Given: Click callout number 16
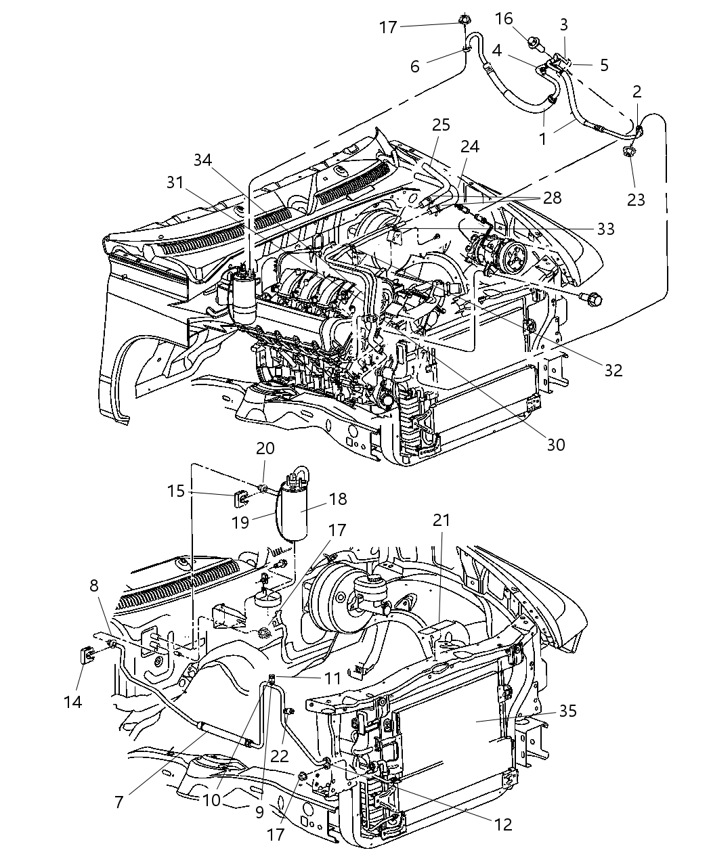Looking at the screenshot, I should [x=503, y=18].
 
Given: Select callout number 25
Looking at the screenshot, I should [x=441, y=126].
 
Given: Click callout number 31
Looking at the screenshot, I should [x=175, y=183].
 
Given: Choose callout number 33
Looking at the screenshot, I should [x=605, y=229].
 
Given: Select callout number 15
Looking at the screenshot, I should [x=176, y=491].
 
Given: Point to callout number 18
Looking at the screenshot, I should [x=337, y=500].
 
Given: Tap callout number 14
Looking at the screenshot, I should [x=72, y=702].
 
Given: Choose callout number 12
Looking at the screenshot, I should [x=503, y=824].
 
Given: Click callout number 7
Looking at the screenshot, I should [x=119, y=801].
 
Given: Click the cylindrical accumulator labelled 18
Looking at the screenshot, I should [x=294, y=506].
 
